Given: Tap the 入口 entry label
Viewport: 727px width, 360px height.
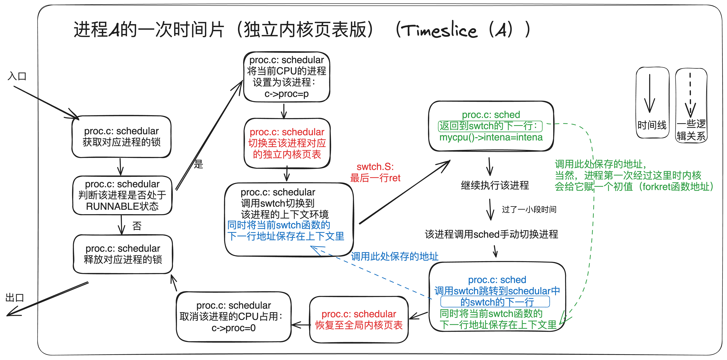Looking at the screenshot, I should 17,76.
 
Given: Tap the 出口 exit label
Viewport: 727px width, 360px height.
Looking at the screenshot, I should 15,298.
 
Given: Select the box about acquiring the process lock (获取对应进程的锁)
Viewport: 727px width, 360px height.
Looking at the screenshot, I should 121,137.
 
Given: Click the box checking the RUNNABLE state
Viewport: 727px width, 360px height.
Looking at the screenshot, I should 122,195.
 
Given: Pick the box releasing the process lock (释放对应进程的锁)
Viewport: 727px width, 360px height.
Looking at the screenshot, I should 123,254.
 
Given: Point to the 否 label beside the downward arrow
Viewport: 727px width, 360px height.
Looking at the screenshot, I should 137,226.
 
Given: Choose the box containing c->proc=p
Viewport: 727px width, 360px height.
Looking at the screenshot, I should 286,77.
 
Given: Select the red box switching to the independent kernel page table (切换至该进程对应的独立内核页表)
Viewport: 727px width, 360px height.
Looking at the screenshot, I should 287,143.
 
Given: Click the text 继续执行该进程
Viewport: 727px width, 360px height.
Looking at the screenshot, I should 495,185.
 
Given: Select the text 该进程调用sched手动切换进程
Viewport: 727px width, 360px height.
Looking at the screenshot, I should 491,234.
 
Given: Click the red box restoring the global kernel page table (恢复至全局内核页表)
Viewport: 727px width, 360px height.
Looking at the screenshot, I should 359,320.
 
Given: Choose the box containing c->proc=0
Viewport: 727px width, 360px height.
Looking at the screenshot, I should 233,317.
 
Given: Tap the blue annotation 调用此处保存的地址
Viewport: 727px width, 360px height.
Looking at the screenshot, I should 395,256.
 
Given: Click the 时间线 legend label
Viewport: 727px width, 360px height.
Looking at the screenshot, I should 652,125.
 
